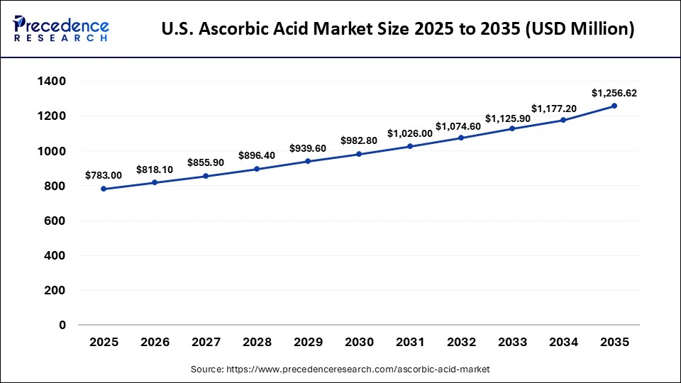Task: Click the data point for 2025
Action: tap(104, 189)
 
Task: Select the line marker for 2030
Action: tap(359, 154)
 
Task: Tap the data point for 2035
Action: tap(614, 106)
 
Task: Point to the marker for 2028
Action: tap(257, 169)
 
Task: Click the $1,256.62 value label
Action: tap(614, 93)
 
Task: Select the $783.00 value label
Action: tap(104, 175)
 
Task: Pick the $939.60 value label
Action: tap(308, 148)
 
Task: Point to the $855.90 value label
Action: tap(206, 162)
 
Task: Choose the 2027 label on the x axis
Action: tap(206, 342)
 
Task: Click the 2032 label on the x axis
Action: tap(461, 342)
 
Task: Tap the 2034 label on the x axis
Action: tap(563, 342)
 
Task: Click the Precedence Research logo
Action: tap(61, 28)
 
